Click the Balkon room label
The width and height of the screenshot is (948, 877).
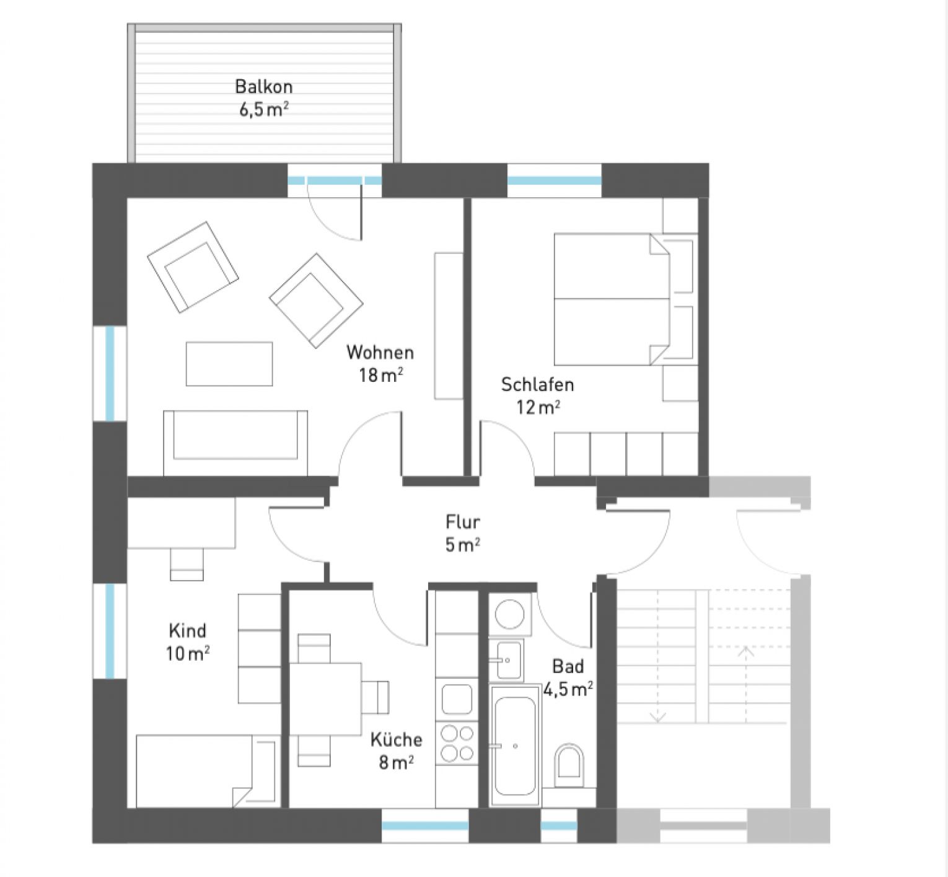[x=264, y=87]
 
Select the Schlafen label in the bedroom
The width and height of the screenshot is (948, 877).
[x=537, y=385]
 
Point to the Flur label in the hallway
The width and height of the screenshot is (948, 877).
[x=463, y=522]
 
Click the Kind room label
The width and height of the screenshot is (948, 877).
[x=187, y=631]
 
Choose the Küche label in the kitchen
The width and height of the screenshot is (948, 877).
[x=397, y=739]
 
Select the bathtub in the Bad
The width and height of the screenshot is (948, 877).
[x=515, y=746]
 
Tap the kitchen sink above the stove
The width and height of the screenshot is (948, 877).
[x=457, y=699]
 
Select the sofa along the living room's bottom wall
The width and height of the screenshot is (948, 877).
[x=235, y=441]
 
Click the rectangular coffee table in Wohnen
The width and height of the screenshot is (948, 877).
[x=229, y=364]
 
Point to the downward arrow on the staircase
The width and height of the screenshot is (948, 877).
[x=657, y=716]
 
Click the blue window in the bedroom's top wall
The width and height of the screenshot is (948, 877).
[x=555, y=181]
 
